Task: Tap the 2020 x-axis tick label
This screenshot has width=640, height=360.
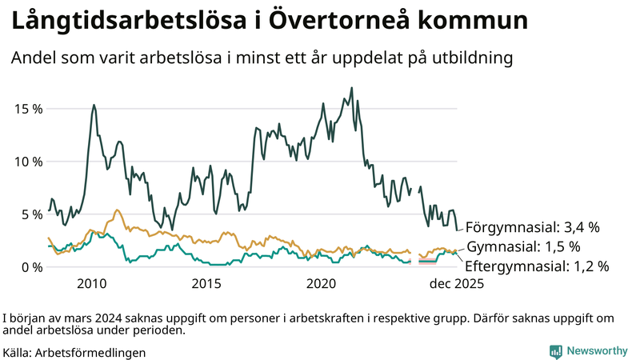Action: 321,284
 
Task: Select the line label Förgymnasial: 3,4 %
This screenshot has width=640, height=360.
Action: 532,227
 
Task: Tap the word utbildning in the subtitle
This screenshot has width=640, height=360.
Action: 470,58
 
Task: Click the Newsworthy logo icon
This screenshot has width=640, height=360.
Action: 555,351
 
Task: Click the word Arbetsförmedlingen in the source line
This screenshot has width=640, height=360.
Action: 90,352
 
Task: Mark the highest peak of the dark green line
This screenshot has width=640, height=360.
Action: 352,88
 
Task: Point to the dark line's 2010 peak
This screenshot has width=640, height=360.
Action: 94,105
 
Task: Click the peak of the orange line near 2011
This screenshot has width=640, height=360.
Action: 117,210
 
